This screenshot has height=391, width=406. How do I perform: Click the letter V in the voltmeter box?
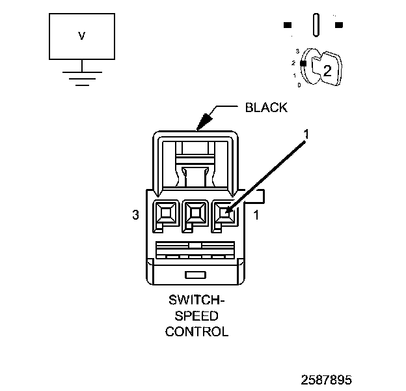point(81,36)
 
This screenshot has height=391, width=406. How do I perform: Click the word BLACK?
point(266,108)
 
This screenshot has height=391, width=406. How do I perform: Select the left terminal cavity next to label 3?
point(165,212)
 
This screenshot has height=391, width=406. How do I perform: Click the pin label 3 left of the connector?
point(135,215)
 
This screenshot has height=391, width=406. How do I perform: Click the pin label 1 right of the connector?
point(256,215)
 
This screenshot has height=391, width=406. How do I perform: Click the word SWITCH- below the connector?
point(196,302)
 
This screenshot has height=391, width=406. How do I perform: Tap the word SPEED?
point(196,316)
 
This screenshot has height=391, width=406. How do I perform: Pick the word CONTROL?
point(196,331)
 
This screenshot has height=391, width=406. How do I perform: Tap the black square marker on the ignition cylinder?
point(303,63)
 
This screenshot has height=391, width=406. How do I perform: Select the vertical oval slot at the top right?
point(316,26)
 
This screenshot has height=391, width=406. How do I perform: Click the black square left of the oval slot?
point(287,25)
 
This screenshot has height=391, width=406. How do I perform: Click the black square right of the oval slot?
point(339,25)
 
